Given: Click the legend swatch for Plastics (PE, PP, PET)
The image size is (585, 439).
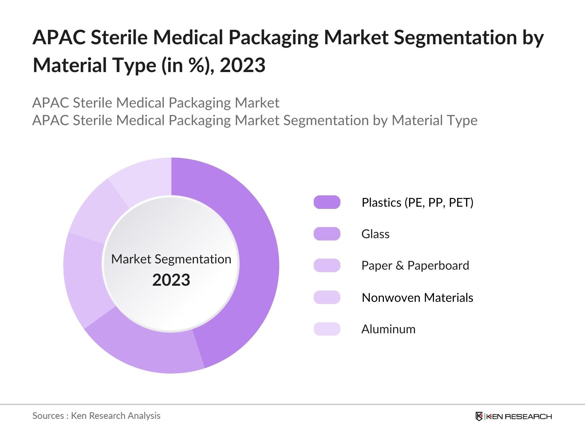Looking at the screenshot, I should pyautogui.click(x=327, y=202).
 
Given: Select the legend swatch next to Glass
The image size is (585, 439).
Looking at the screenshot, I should pyautogui.click(x=327, y=234).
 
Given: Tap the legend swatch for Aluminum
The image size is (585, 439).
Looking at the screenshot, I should pyautogui.click(x=327, y=329).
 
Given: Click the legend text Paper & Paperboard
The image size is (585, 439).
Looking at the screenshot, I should pyautogui.click(x=415, y=266).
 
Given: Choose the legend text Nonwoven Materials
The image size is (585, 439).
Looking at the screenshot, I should pyautogui.click(x=417, y=297).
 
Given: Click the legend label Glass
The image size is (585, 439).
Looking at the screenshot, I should pyautogui.click(x=375, y=234).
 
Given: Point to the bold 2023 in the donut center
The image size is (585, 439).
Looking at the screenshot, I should pyautogui.click(x=171, y=280).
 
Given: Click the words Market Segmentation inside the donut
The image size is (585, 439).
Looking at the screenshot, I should pyautogui.click(x=171, y=259).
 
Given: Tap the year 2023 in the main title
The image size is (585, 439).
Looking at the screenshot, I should pyautogui.click(x=242, y=65).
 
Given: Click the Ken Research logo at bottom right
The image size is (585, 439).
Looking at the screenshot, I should pyautogui.click(x=513, y=416).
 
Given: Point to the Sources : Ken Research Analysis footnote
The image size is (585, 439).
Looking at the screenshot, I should pyautogui.click(x=96, y=416).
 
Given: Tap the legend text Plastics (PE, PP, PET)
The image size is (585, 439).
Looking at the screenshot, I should pyautogui.click(x=417, y=202).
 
